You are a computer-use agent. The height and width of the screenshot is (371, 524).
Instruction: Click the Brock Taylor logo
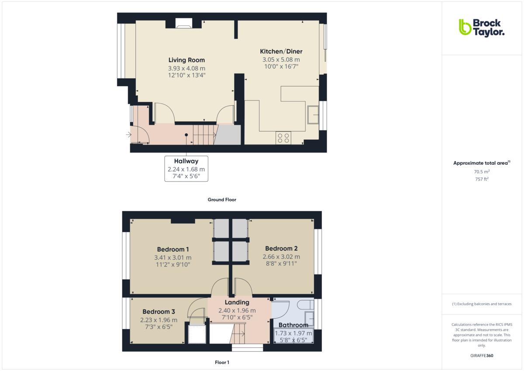(481, 27)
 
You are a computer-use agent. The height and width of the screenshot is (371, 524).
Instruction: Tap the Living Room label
(186, 60)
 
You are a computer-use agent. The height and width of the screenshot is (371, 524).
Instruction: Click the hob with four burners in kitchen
(283, 138)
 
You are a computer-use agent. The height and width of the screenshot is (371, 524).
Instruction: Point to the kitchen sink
(313, 114)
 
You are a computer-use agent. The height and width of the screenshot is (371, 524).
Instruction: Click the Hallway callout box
(186, 168)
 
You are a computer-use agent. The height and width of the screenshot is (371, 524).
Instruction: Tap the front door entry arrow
(128, 135)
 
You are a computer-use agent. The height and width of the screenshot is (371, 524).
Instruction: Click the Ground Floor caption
(222, 200)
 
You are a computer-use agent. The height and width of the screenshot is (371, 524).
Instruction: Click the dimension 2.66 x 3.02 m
(281, 257)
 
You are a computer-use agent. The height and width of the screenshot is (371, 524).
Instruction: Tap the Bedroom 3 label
(159, 312)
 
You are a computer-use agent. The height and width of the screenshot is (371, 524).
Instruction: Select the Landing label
(237, 302)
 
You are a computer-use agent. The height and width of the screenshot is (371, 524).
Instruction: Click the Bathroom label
(293, 325)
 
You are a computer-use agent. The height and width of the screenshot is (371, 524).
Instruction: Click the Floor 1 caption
(222, 362)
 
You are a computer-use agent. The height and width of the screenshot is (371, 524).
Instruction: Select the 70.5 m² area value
(476, 172)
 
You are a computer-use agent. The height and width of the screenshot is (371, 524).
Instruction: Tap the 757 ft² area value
(476, 179)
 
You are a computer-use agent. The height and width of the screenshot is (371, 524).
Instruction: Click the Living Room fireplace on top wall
(184, 24)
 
